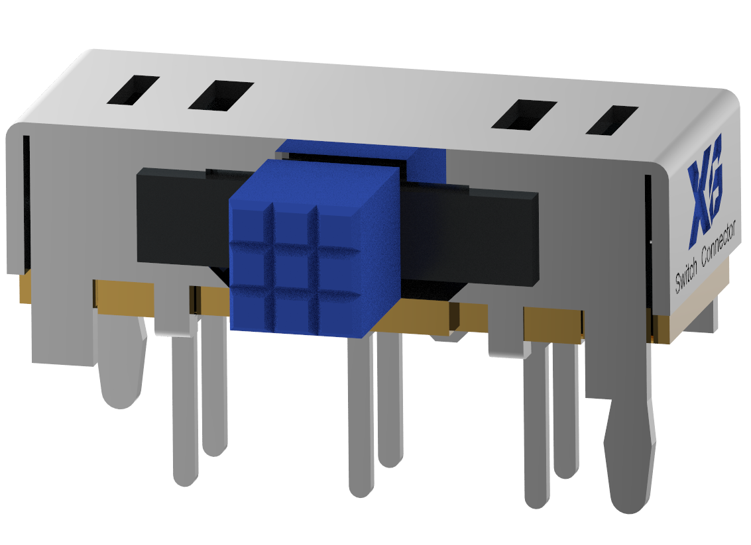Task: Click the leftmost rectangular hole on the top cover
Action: [x=133, y=90]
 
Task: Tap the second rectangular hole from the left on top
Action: [x=221, y=96]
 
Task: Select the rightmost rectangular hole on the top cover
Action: [x=612, y=121]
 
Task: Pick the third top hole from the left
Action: [x=524, y=114]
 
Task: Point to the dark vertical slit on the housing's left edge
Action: [x=27, y=199]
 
